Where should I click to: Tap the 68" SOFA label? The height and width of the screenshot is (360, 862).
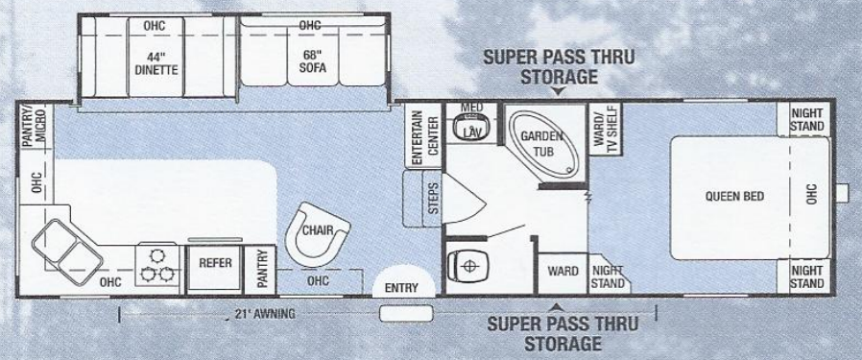click(x=309, y=60)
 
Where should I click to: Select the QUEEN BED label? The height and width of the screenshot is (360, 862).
click(x=734, y=197)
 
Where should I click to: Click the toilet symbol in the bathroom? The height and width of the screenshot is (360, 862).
click(x=469, y=262)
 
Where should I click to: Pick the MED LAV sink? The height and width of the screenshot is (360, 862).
click(x=470, y=126)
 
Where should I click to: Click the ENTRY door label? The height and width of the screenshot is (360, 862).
click(x=401, y=288)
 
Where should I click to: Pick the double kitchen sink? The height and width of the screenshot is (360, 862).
click(x=67, y=248)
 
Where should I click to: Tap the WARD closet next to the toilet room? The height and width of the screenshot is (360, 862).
click(x=563, y=272)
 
